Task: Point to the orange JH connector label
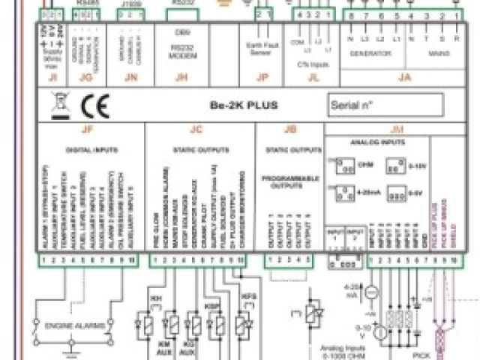point(179,76)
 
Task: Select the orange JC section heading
point(196,129)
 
